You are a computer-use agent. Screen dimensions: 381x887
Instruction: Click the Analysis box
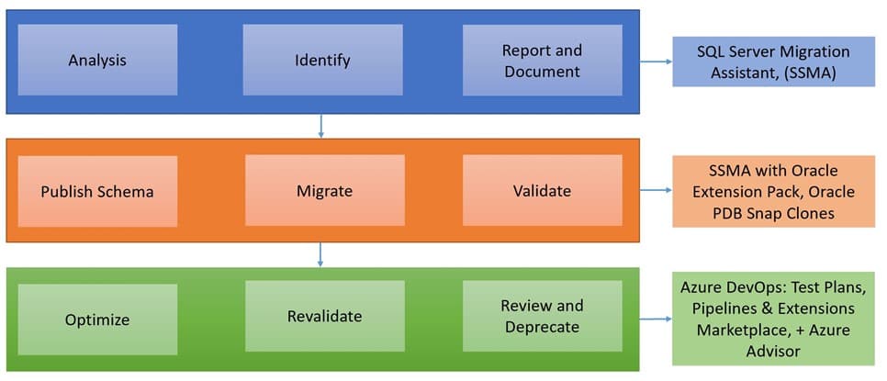point(97,61)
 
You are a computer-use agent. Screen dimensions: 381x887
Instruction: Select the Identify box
point(322,61)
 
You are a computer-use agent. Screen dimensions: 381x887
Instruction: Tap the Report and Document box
point(542,61)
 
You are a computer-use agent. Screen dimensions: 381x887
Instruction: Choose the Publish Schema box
point(97,192)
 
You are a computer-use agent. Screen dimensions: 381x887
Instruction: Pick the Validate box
point(542,191)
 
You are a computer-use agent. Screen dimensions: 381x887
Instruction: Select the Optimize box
point(97,320)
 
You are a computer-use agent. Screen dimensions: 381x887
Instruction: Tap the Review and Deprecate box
point(542,317)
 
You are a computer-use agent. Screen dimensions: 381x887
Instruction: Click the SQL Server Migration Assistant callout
point(772,62)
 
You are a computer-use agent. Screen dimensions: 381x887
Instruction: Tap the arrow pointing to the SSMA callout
point(655,62)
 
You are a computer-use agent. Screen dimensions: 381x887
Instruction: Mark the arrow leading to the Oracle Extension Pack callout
point(655,192)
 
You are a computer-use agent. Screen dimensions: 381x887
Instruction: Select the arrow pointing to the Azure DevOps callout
point(655,320)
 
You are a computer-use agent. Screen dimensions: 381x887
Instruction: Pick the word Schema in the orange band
point(128,192)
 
